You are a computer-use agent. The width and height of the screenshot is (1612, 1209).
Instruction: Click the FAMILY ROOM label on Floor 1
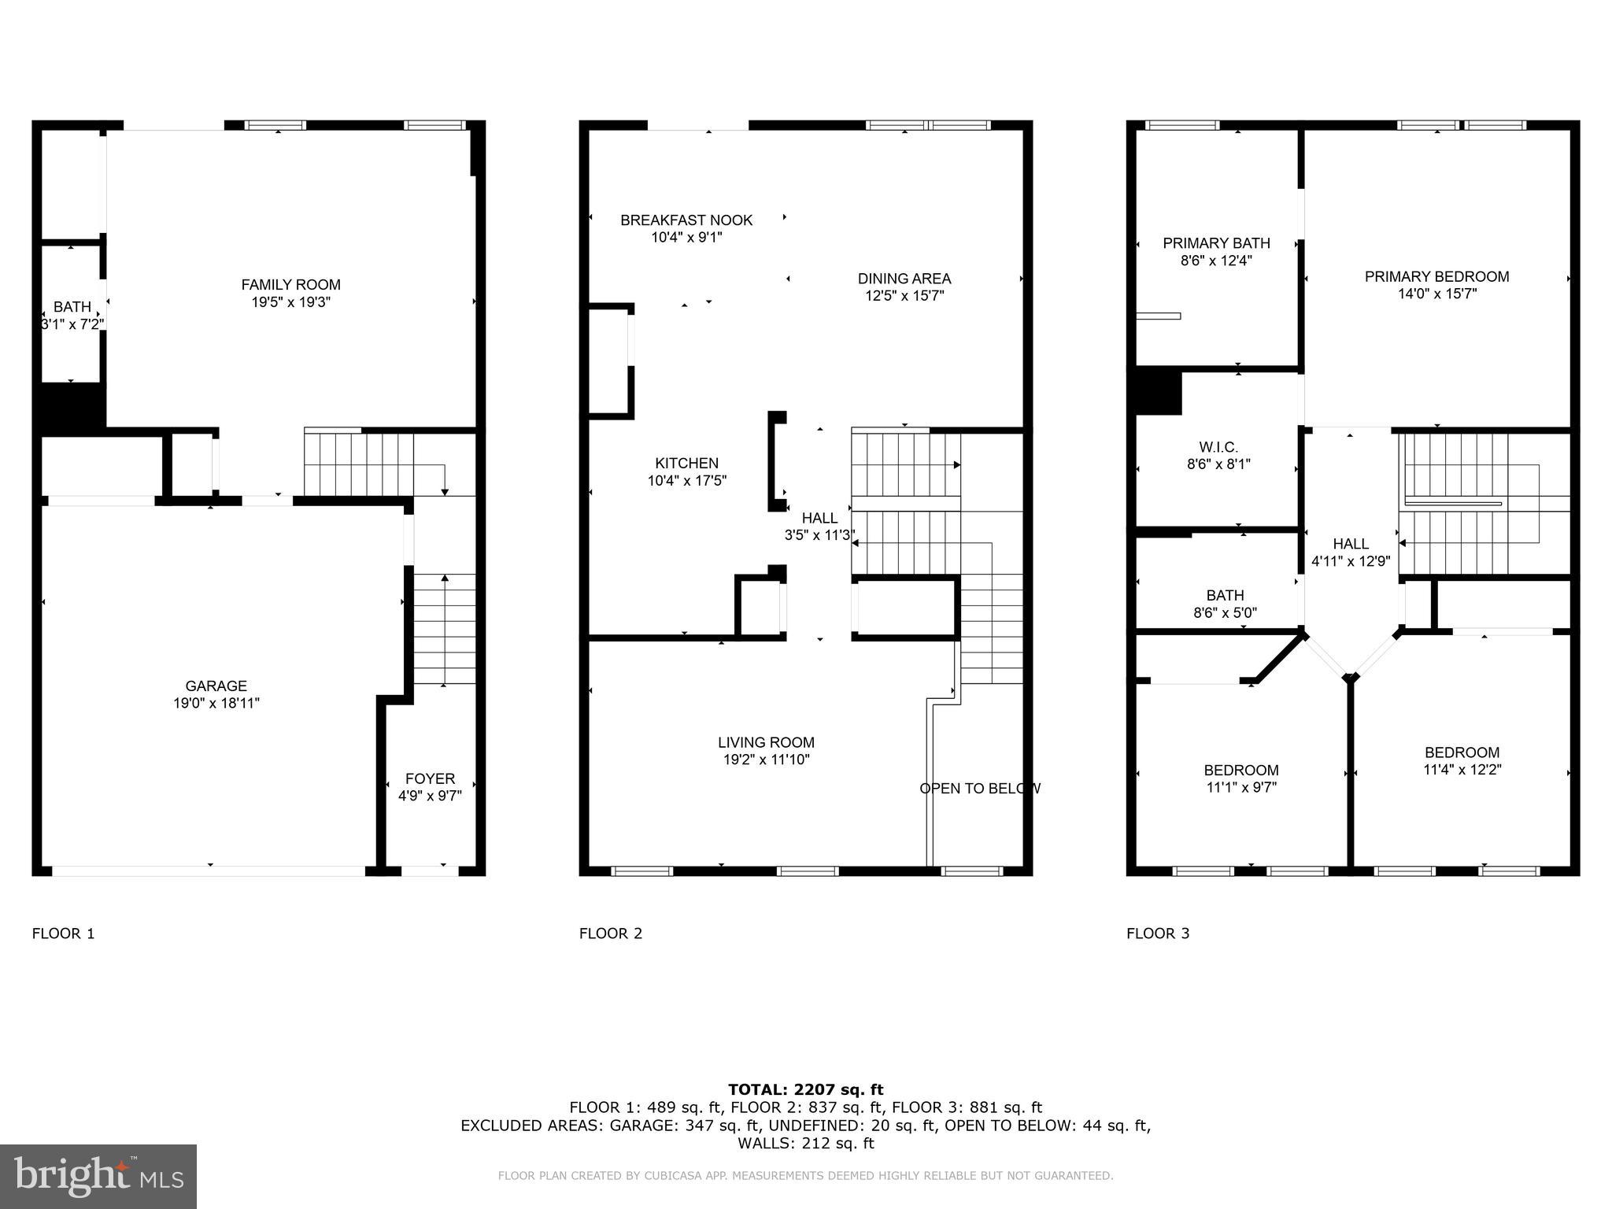click(x=290, y=285)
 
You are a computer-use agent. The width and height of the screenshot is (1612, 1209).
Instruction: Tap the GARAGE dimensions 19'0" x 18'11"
click(x=216, y=703)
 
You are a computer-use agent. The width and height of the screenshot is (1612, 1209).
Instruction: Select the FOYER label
click(x=430, y=778)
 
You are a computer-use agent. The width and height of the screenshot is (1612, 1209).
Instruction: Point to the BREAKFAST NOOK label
click(x=686, y=220)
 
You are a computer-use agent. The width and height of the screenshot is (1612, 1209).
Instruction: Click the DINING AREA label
click(x=904, y=279)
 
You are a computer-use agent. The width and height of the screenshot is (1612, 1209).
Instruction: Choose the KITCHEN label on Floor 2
click(x=686, y=464)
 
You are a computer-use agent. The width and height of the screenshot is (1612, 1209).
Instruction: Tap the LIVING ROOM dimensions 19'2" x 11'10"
click(x=766, y=760)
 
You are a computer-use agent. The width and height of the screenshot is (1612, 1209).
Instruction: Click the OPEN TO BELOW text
click(x=980, y=788)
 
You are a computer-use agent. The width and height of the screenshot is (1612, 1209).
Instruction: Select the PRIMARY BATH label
click(x=1216, y=243)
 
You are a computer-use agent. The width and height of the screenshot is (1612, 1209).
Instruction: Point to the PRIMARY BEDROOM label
click(x=1436, y=276)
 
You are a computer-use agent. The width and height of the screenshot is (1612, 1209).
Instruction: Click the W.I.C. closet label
click(x=1218, y=447)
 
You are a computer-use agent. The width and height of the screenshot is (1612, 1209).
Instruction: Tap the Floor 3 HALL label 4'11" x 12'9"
click(x=1351, y=553)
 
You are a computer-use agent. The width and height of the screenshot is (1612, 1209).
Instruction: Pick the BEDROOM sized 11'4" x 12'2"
click(x=1462, y=760)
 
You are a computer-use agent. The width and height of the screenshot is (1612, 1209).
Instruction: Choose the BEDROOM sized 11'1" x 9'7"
click(x=1240, y=778)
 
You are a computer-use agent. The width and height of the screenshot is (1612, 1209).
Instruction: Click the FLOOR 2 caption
click(x=611, y=934)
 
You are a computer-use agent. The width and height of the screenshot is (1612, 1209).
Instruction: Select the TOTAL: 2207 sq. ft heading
click(x=805, y=1089)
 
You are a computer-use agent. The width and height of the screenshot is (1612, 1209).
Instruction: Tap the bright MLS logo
click(x=98, y=1176)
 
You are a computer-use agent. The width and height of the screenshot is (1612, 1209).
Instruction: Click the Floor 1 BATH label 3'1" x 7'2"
click(x=72, y=315)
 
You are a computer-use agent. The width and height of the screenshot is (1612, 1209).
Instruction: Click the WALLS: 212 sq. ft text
click(x=805, y=1143)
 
